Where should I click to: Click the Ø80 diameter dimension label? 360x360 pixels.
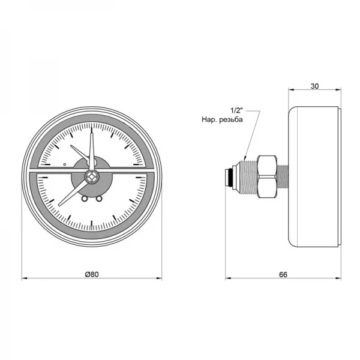coord(92,274)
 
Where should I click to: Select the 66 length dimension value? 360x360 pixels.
coord(283,275)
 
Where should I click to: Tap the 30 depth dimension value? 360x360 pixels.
coord(315,86)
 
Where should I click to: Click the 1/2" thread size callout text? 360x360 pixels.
coord(236,110)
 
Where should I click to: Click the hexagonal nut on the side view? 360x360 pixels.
coord(267,176)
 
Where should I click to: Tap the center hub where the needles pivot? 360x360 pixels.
coord(92,176)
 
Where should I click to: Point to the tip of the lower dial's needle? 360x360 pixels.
coord(59,205)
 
